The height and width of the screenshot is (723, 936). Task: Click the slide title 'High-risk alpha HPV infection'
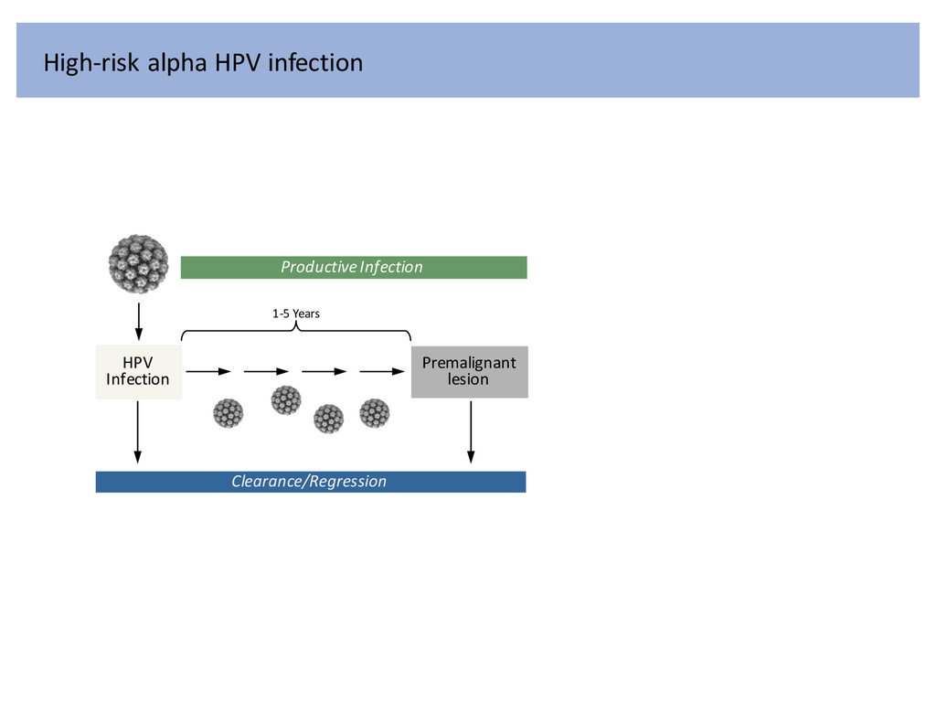(x=203, y=63)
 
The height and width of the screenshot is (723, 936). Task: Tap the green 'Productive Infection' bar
(x=354, y=267)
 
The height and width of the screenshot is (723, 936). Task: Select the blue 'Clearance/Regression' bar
(x=311, y=482)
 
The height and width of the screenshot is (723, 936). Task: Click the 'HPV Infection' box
(x=138, y=371)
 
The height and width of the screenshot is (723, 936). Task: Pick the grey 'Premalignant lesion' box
(x=469, y=371)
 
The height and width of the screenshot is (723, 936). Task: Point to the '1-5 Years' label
(x=296, y=314)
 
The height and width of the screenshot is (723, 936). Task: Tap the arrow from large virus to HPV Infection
(x=138, y=320)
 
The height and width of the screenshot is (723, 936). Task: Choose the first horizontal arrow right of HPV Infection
(x=208, y=372)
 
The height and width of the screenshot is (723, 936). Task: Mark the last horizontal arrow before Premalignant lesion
(x=382, y=372)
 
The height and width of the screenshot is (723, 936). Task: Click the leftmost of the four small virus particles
(x=229, y=412)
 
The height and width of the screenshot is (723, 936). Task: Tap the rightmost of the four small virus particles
(x=375, y=413)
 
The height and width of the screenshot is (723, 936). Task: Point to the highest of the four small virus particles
(x=286, y=399)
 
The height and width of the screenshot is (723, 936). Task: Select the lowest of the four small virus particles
(x=328, y=420)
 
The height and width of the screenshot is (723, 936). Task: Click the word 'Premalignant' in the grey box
(x=469, y=363)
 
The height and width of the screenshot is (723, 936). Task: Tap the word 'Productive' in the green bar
(x=317, y=267)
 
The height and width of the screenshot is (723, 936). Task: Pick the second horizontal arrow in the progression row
(x=266, y=372)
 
